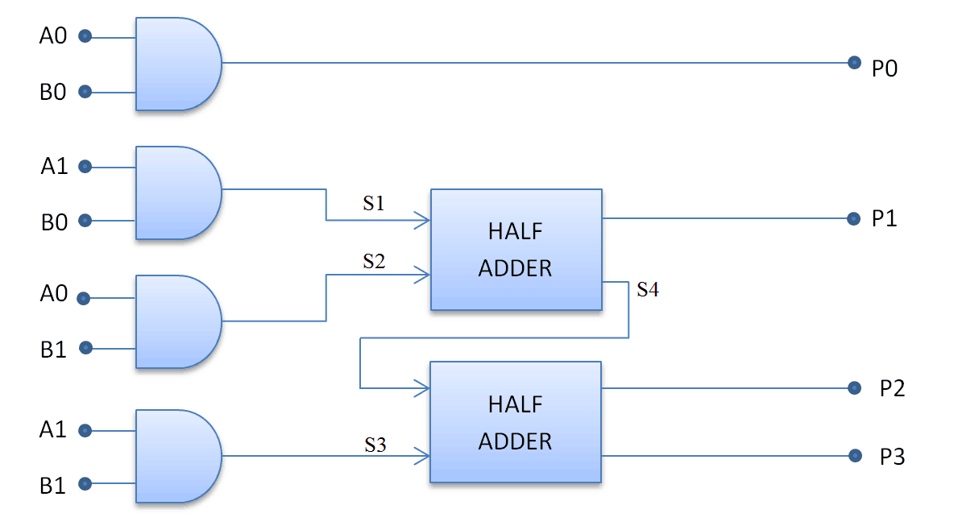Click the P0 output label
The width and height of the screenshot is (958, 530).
click(x=884, y=68)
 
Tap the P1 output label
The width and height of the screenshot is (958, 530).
click(x=884, y=218)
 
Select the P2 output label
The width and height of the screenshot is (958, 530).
click(x=892, y=388)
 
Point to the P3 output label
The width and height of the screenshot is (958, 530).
click(x=892, y=457)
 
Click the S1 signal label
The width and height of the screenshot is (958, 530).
click(x=374, y=203)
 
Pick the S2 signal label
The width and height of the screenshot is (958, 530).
click(x=374, y=261)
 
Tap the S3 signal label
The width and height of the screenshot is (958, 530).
click(x=375, y=445)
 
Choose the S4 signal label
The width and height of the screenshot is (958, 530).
click(x=648, y=289)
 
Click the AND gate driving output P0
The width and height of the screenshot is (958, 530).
click(x=178, y=64)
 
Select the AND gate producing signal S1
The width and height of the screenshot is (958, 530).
click(x=178, y=193)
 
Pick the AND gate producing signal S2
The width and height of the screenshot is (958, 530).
click(x=178, y=322)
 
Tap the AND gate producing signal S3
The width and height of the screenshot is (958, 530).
click(x=178, y=456)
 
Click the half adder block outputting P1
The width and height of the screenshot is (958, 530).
click(x=516, y=250)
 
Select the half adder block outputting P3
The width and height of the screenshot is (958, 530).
click(x=516, y=423)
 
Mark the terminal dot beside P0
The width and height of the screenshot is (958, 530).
click(x=854, y=62)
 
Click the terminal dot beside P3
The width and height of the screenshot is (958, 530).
click(x=855, y=456)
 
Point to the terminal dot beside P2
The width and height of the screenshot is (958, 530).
click(x=854, y=387)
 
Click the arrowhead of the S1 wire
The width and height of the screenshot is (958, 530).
click(x=422, y=220)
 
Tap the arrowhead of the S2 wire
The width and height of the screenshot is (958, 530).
click(x=422, y=275)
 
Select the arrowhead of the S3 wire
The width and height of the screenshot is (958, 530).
click(x=422, y=456)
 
